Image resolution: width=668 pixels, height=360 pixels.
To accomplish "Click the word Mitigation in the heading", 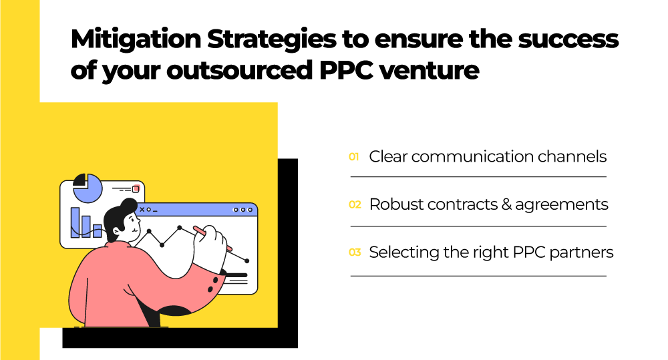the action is coord(136,39).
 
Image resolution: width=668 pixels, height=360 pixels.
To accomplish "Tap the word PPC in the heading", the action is coord(346,70).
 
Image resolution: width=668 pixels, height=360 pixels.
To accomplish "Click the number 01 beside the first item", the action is coord(353,157).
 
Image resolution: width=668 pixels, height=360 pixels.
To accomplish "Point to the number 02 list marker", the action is coord(355,204).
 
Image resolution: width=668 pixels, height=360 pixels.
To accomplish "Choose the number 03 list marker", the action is coord(355,252).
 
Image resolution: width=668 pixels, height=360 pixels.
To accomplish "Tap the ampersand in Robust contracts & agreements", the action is coord(506,204).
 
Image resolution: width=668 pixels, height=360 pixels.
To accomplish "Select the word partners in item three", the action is coord(582,252).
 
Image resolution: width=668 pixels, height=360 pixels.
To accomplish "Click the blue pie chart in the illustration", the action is coord(88,188).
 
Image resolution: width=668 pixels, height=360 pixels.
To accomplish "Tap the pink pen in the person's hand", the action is coord(212,238).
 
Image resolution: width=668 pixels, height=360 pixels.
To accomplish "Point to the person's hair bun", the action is coord(129,206).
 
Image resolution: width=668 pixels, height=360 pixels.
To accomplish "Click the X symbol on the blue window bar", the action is coord(142,210).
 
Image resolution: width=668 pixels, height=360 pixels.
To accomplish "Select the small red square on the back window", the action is coord(136,189).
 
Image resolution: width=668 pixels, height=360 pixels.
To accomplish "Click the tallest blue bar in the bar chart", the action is coord(75,222).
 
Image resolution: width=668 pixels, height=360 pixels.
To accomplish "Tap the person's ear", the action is coord(116,231).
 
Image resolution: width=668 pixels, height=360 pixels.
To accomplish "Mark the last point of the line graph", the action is coord(247,260).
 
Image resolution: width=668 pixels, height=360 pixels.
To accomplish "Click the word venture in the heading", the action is coord(429,71).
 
